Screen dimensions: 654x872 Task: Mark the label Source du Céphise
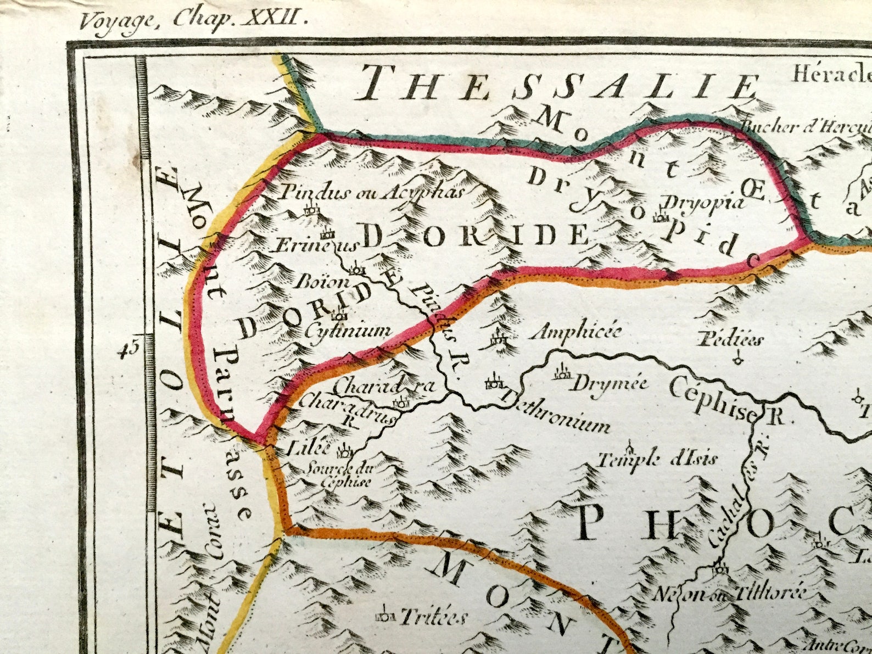[339, 476]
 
